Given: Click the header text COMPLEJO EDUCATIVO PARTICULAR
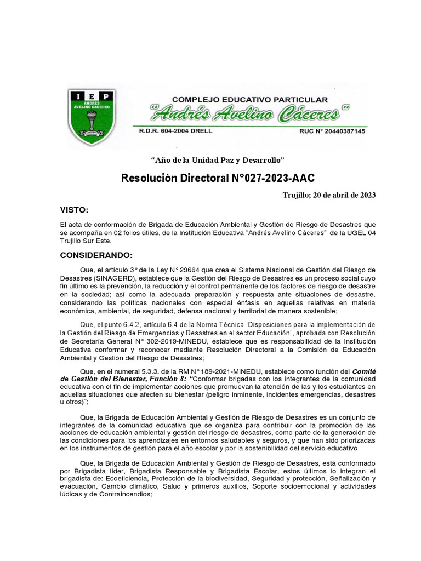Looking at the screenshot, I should (x=250, y=99).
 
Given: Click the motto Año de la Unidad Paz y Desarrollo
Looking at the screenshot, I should (x=218, y=159).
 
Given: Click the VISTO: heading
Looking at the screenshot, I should (x=73, y=210).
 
